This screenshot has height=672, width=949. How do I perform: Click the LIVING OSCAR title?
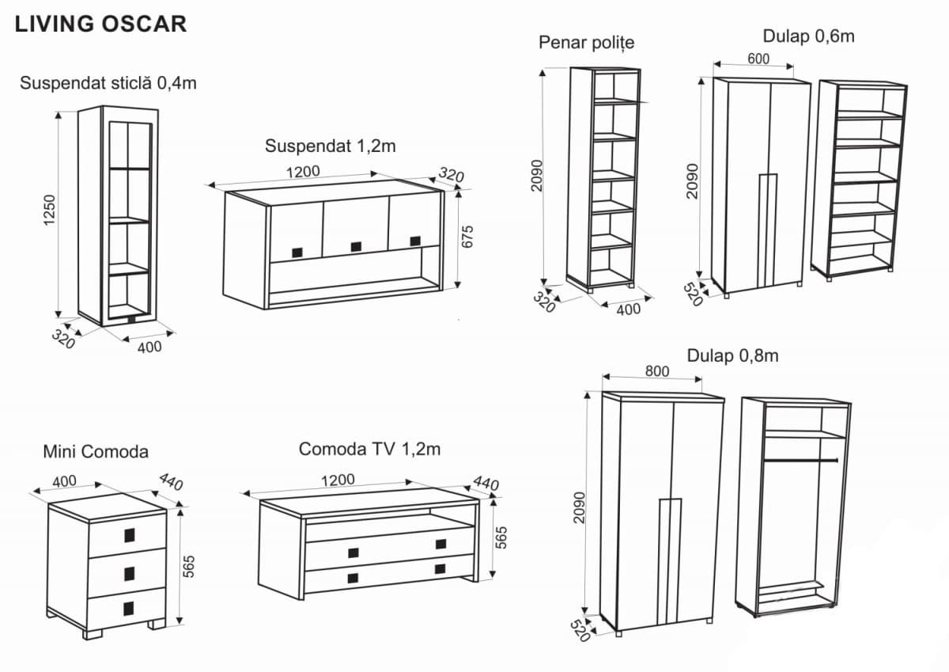[x=100, y=24]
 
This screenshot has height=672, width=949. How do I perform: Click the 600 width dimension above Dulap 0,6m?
[x=758, y=59]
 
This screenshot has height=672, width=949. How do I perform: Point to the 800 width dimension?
[x=656, y=370]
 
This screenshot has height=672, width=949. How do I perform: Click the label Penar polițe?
[x=586, y=42]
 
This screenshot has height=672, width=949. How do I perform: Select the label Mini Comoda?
[x=96, y=452]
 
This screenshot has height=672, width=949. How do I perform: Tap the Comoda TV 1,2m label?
[x=369, y=450]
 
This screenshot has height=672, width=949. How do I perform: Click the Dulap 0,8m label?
[x=732, y=355]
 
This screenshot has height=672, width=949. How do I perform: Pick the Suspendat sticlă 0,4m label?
[x=108, y=82]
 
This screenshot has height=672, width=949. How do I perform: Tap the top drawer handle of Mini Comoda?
[x=129, y=535]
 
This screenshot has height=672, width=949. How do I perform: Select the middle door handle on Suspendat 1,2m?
[x=356, y=246]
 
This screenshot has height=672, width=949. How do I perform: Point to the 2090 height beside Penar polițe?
[x=537, y=175]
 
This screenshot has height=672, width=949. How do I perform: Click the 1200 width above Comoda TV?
[x=337, y=479]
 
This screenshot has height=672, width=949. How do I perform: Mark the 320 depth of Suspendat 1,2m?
[x=451, y=176]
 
